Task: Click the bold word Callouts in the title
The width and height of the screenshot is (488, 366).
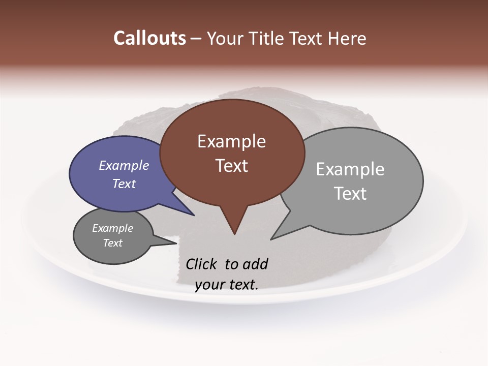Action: pyautogui.click(x=149, y=38)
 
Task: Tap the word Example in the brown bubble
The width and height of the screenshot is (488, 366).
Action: pyautogui.click(x=231, y=141)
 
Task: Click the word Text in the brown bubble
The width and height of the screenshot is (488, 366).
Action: pyautogui.click(x=231, y=166)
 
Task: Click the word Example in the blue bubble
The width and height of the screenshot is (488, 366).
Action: pyautogui.click(x=124, y=166)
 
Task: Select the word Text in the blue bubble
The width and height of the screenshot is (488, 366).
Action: pyautogui.click(x=124, y=184)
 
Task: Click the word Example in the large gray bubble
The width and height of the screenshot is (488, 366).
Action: pyautogui.click(x=350, y=169)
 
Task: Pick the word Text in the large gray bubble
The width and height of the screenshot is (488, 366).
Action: pyautogui.click(x=350, y=194)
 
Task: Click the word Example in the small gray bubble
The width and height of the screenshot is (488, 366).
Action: pyautogui.click(x=112, y=228)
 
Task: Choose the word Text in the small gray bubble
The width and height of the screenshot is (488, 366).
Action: pyautogui.click(x=112, y=243)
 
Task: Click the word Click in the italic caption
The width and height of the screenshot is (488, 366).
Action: pyautogui.click(x=202, y=264)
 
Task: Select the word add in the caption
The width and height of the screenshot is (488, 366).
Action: pyautogui.click(x=255, y=264)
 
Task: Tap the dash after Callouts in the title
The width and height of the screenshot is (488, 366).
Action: pyautogui.click(x=196, y=39)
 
